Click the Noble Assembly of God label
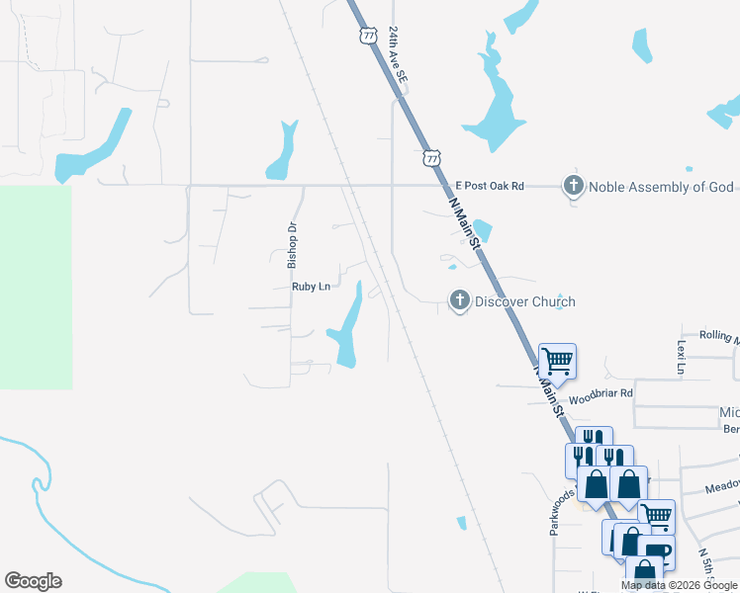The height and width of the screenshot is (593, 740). point(661,187)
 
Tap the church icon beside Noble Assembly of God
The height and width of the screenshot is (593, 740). point(573,186)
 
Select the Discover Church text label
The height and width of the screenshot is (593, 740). point(524,301)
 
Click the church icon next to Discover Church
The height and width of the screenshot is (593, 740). point(459,300)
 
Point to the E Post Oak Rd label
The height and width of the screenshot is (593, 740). point(489,186)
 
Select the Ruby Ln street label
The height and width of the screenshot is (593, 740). point(310,287)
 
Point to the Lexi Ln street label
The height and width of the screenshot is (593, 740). point(681,357)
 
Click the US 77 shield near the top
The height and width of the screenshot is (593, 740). point(368,35)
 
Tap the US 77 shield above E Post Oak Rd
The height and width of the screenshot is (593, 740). point(431,157)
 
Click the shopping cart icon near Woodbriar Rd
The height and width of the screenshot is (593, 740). point(558,361)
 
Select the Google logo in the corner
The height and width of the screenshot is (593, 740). point(33,581)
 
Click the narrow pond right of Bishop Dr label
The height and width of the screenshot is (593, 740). point(286,150)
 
